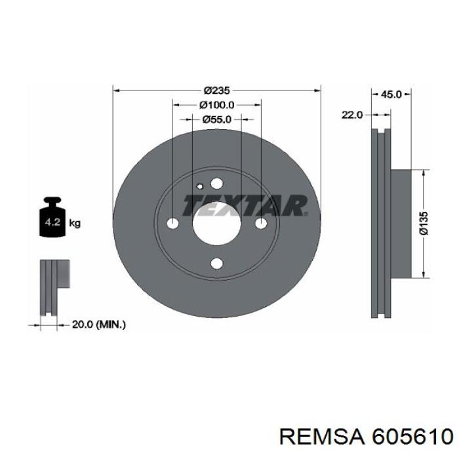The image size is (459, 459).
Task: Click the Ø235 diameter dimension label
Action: tap(216, 90)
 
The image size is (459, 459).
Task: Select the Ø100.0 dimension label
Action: tap(217, 105)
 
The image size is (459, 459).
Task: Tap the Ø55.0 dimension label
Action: tap(217, 119)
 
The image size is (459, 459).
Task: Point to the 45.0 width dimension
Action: tap(391, 94)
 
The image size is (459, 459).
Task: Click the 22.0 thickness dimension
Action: tap(351, 115)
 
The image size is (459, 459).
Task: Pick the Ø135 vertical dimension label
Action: tap(424, 223)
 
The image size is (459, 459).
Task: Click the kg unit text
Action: tap(75, 224)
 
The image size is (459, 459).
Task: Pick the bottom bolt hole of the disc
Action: tap(216, 264)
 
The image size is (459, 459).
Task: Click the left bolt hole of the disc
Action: tap(173, 224)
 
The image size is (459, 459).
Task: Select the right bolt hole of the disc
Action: tap(260, 224)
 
